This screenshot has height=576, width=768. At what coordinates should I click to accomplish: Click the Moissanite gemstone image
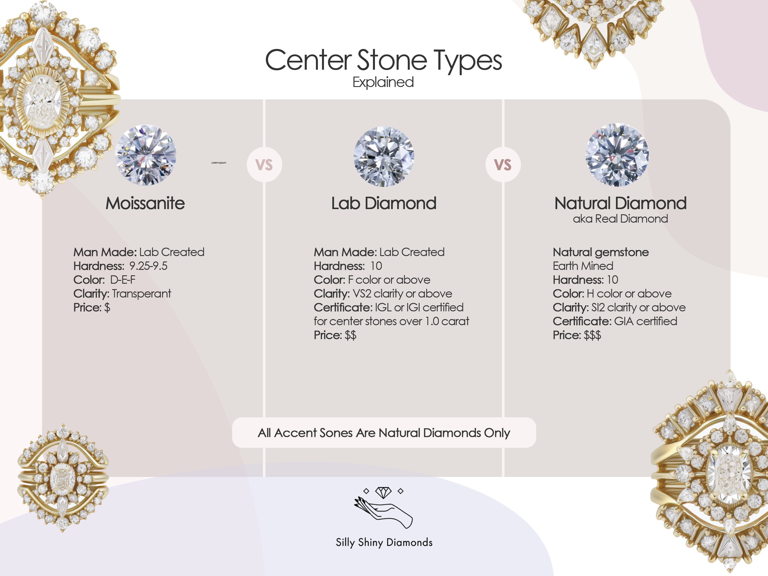click(145, 155)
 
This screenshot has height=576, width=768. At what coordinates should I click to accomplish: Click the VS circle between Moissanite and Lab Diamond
click(264, 164)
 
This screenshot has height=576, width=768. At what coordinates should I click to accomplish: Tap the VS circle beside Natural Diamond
click(503, 164)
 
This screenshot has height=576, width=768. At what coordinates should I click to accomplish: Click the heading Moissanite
click(145, 203)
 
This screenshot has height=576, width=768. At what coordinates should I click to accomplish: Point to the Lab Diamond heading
click(384, 203)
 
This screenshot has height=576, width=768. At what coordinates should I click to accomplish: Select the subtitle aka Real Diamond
click(620, 219)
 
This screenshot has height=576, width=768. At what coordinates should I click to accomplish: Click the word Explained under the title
click(383, 82)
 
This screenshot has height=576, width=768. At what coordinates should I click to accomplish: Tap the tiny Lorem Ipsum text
click(219, 162)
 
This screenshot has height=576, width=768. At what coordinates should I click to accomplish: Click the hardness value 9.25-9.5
click(148, 266)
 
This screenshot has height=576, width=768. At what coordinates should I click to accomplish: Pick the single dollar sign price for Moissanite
click(107, 308)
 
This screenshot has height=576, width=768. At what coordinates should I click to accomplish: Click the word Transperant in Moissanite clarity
click(141, 294)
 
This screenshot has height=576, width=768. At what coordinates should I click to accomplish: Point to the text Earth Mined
click(583, 266)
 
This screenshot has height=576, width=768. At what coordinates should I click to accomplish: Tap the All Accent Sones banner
click(384, 433)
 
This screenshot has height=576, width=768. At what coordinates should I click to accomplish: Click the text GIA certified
click(645, 321)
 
